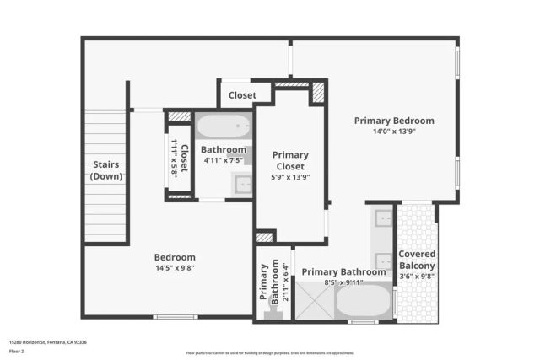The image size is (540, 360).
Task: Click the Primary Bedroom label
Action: click(394, 121)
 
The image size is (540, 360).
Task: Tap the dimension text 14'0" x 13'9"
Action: click(394, 132)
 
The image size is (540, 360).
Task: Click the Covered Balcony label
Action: click(417, 260)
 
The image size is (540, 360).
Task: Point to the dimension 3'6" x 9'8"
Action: click(417, 276)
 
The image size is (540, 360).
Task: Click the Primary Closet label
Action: click(289, 160)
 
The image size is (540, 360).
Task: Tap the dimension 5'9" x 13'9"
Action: click(289, 177)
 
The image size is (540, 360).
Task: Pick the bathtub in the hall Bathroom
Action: click(224, 128)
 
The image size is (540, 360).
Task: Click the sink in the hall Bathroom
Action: click(242, 183)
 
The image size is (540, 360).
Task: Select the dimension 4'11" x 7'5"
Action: click(223, 160)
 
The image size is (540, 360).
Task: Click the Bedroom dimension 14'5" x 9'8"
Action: click(175, 268)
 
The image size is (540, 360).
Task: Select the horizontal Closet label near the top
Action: click(243, 96)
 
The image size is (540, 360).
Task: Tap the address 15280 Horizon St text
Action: click(48, 341)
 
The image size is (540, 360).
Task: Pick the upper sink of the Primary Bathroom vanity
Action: click(384, 218)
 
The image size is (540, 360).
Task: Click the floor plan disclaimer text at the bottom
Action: click(270, 353)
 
